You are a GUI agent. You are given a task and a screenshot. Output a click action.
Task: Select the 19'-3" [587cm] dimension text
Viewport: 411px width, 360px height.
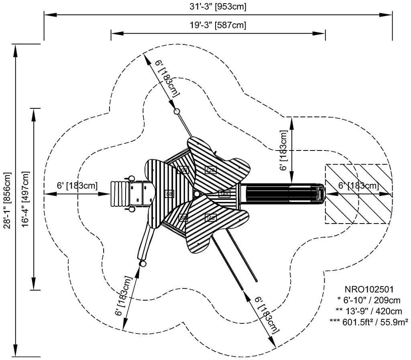click(218, 25)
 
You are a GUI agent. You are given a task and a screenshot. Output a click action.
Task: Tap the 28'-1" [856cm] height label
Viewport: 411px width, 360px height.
click(7, 200)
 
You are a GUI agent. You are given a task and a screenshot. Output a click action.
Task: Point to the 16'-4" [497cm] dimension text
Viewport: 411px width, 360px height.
click(26, 199)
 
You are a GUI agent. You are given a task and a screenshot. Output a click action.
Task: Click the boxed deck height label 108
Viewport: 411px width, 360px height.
click(183, 170)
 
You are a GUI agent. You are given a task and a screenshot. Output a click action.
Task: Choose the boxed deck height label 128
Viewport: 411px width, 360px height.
click(211, 170)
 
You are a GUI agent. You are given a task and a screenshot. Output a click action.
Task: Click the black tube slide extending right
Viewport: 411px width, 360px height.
click(281, 193)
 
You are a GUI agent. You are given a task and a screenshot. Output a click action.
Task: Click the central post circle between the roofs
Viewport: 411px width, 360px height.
click(197, 194)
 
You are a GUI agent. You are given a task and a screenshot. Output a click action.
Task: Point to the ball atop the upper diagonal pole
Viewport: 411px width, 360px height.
click(176, 111)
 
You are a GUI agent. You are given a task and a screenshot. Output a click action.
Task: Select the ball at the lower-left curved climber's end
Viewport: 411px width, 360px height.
click(142, 264)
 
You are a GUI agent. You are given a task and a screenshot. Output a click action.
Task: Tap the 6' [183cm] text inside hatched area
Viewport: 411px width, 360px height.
click(358, 185)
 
